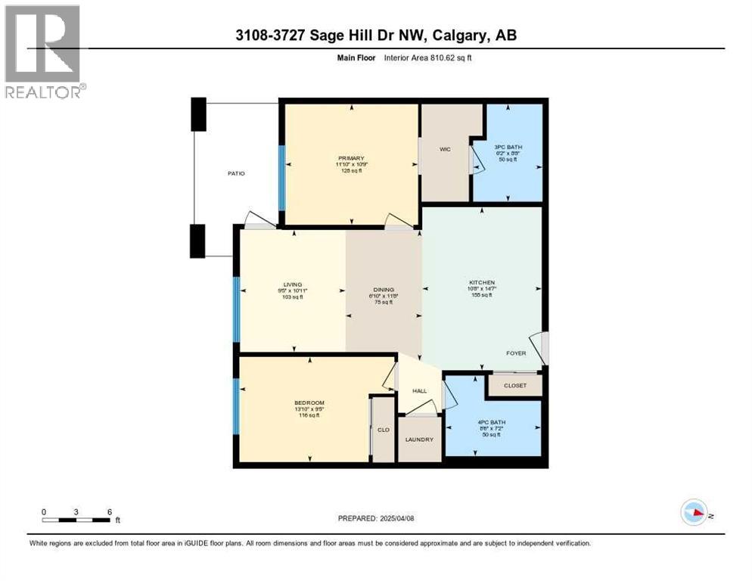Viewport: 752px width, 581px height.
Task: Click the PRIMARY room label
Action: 351,157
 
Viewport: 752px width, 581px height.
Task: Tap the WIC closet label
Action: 445,150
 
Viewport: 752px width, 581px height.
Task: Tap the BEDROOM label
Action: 309,402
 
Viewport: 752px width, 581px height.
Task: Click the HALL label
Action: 419,391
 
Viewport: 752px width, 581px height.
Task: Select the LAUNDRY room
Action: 419,439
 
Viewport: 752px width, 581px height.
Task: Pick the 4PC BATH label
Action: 493,422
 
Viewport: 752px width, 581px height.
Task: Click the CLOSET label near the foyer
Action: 514,386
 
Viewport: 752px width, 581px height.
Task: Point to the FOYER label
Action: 516,353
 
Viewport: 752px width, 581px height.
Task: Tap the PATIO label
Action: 235,173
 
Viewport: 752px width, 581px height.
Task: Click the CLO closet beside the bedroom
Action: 383,430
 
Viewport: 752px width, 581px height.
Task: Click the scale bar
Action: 77,519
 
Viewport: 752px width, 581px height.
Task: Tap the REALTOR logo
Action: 43,51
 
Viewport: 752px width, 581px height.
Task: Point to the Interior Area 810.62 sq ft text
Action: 433,57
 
